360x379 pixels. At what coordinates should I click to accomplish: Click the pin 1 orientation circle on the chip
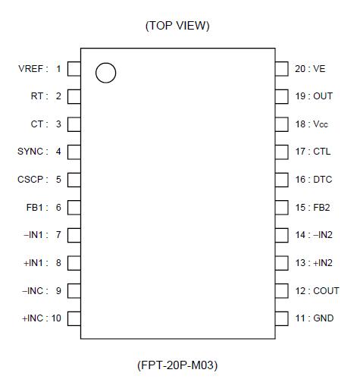(106, 73)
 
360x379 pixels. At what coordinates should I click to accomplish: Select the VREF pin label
(32, 69)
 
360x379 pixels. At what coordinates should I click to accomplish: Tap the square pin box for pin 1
(74, 69)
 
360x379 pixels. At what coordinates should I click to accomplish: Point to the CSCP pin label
(32, 180)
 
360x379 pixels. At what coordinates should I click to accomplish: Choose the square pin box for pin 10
(74, 318)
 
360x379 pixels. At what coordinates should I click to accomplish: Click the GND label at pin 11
(324, 318)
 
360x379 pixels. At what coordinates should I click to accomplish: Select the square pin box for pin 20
(282, 69)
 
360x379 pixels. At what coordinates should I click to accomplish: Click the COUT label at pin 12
(326, 290)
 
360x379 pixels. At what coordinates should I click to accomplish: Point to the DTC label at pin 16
(324, 180)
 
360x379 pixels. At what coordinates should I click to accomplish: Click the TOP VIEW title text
(177, 26)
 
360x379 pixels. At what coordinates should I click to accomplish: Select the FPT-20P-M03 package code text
(177, 365)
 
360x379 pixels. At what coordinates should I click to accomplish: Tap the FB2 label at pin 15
(323, 207)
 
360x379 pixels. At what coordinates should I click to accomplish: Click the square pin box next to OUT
(282, 96)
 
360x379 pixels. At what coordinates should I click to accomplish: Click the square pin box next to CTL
(282, 152)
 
